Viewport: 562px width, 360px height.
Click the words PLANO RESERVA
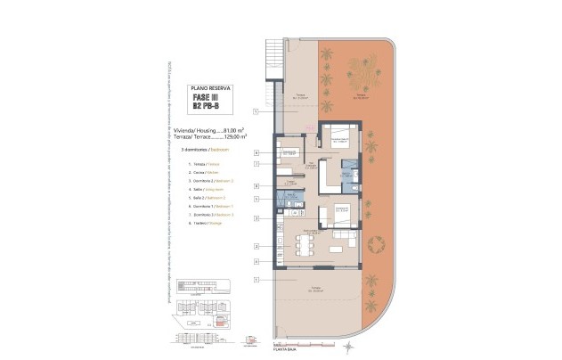pyautogui.click(x=212, y=87)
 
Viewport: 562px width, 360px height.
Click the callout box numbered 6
pyautogui.click(x=257, y=152)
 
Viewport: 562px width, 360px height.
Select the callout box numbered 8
pyautogui.click(x=257, y=186)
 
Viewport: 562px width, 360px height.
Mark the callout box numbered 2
pyautogui.click(x=257, y=245)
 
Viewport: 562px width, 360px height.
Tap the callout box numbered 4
pyautogui.click(x=257, y=261)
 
